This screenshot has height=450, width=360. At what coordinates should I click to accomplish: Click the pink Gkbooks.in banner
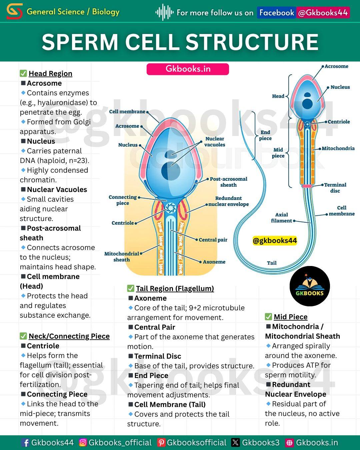pyautogui.click(x=188, y=69)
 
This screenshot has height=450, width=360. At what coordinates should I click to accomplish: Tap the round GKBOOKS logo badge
pyautogui.click(x=310, y=286)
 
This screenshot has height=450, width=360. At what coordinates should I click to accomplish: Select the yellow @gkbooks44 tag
pyautogui.click(x=275, y=240)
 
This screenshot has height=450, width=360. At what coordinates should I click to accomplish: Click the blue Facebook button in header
pyautogui.click(x=277, y=13)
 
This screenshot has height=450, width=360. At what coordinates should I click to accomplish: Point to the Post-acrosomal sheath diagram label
pyautogui.click(x=228, y=182)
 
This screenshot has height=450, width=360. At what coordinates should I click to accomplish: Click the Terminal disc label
pyautogui.click(x=335, y=188)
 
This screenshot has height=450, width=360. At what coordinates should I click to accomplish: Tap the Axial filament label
pyautogui.click(x=281, y=218)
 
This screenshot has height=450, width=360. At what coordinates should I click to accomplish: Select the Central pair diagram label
pyautogui.click(x=213, y=240)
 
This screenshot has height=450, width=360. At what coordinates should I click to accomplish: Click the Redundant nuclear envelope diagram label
pyautogui.click(x=228, y=201)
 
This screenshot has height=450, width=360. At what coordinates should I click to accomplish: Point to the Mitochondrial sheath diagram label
pyautogui.click(x=122, y=257)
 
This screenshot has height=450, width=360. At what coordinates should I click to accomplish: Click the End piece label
pyautogui.click(x=265, y=135)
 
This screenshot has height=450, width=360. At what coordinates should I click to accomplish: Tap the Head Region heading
pyautogui.click(x=50, y=74)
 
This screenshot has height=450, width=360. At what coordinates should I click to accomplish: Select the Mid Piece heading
pyautogui.click(x=291, y=317)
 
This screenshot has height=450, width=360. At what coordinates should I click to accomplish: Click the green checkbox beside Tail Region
pyautogui.click(x=131, y=288)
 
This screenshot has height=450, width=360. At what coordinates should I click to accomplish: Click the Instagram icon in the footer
pyautogui.click(x=83, y=442)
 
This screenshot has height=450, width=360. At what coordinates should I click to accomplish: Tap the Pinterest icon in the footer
pyautogui.click(x=161, y=442)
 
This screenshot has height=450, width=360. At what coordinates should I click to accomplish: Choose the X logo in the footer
pyautogui.click(x=235, y=442)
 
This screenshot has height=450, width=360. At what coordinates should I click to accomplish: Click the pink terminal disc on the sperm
pyautogui.click(x=307, y=186)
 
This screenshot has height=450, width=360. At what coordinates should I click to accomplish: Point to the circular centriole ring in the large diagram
pyautogui.click(x=171, y=208)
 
